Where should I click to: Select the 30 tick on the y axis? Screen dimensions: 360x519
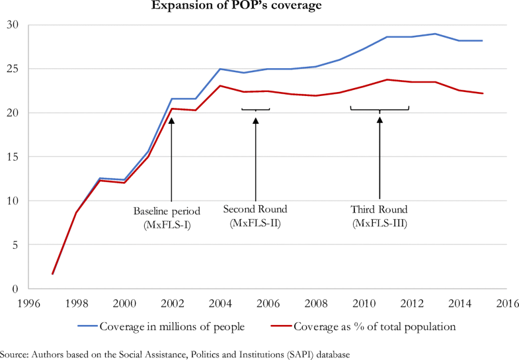13,25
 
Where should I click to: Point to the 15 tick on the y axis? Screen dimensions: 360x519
13,157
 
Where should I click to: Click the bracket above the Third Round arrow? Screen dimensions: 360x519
379,108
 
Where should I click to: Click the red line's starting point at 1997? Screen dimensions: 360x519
53,273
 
